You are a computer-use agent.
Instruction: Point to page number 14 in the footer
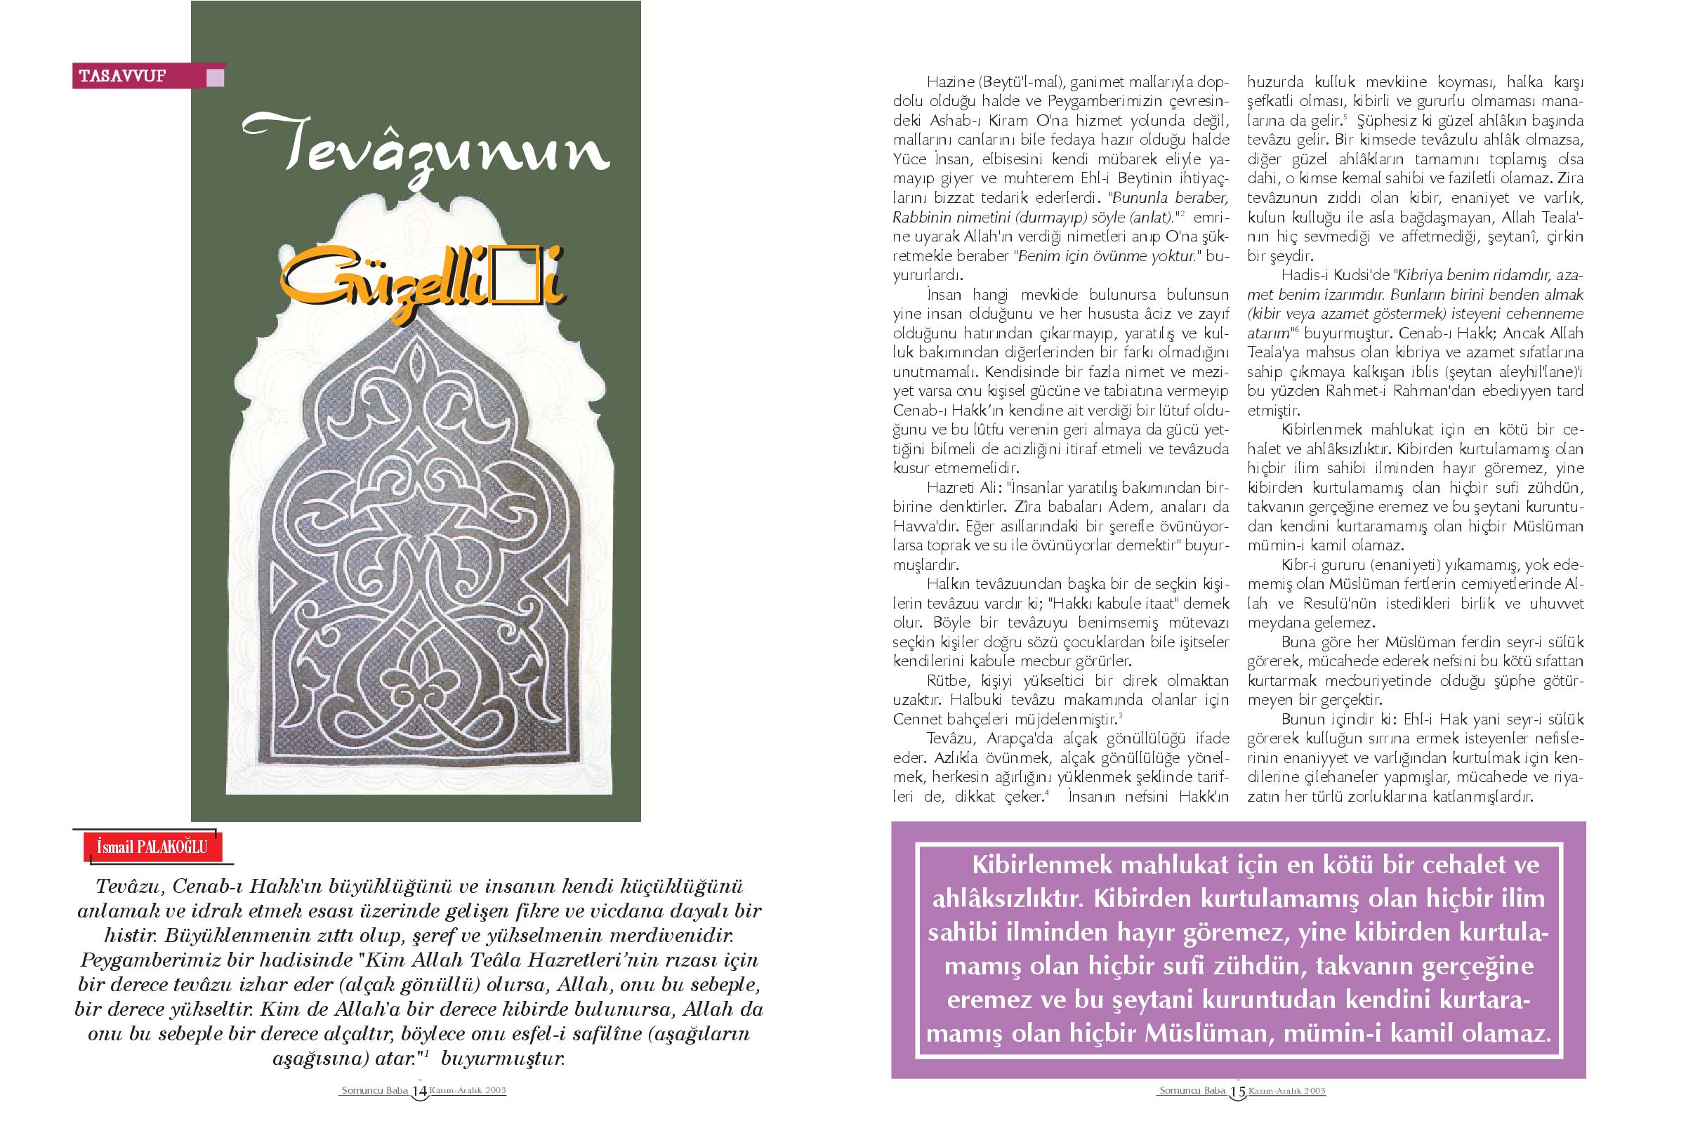pos(419,1112)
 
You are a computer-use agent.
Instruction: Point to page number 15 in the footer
pos(1237,1112)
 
